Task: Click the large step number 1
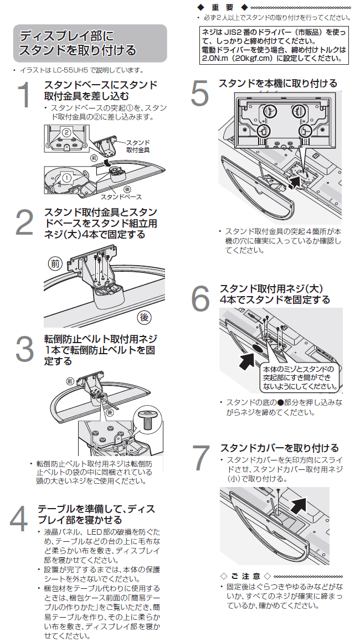[x=24, y=95]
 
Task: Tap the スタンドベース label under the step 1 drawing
[x=121, y=196]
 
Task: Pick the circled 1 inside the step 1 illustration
[x=67, y=178]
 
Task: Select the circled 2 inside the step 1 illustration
[x=66, y=133]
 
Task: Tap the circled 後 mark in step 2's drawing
[x=144, y=317]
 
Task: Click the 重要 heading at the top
[x=222, y=7]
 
